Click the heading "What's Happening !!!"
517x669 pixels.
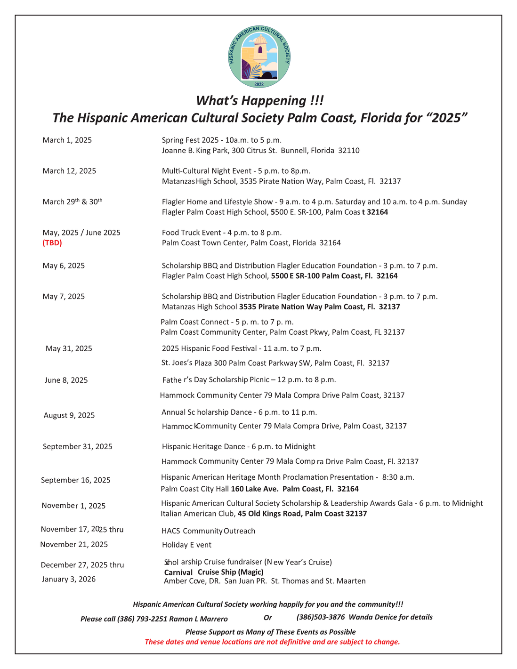pos(260,101)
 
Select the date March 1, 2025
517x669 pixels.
pos(67,140)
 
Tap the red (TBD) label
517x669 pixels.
pos(52,243)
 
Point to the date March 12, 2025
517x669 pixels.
pos(69,171)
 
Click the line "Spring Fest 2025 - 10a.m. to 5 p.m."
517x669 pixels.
pos(221,140)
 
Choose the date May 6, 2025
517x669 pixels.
pos(64,266)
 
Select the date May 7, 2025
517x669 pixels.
pos(64,297)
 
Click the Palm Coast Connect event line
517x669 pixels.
pos(227,322)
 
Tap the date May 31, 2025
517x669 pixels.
pos(69,349)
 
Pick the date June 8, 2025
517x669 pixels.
pos(66,380)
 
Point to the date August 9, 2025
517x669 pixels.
pos(69,415)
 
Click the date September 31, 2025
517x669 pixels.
pos(78,447)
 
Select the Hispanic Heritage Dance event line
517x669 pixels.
pos(238,447)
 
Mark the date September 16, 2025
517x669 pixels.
pos(76,480)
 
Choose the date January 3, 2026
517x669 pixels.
pos(68,579)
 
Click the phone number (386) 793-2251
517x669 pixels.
pos(142,619)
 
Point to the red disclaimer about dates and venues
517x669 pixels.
pos(272,642)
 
